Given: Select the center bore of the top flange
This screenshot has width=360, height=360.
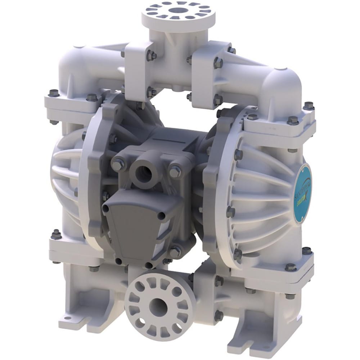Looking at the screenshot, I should pos(178,10).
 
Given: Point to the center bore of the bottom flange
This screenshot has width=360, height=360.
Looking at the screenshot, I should pos(157,307).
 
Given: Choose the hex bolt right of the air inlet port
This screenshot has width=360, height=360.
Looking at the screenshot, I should pos(175,171).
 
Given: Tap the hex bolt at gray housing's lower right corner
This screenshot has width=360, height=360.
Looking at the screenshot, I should pos(175,252).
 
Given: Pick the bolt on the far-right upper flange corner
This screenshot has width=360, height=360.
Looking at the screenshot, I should pos(308,106).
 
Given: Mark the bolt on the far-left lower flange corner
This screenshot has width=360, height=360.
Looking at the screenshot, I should pos(56,234).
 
